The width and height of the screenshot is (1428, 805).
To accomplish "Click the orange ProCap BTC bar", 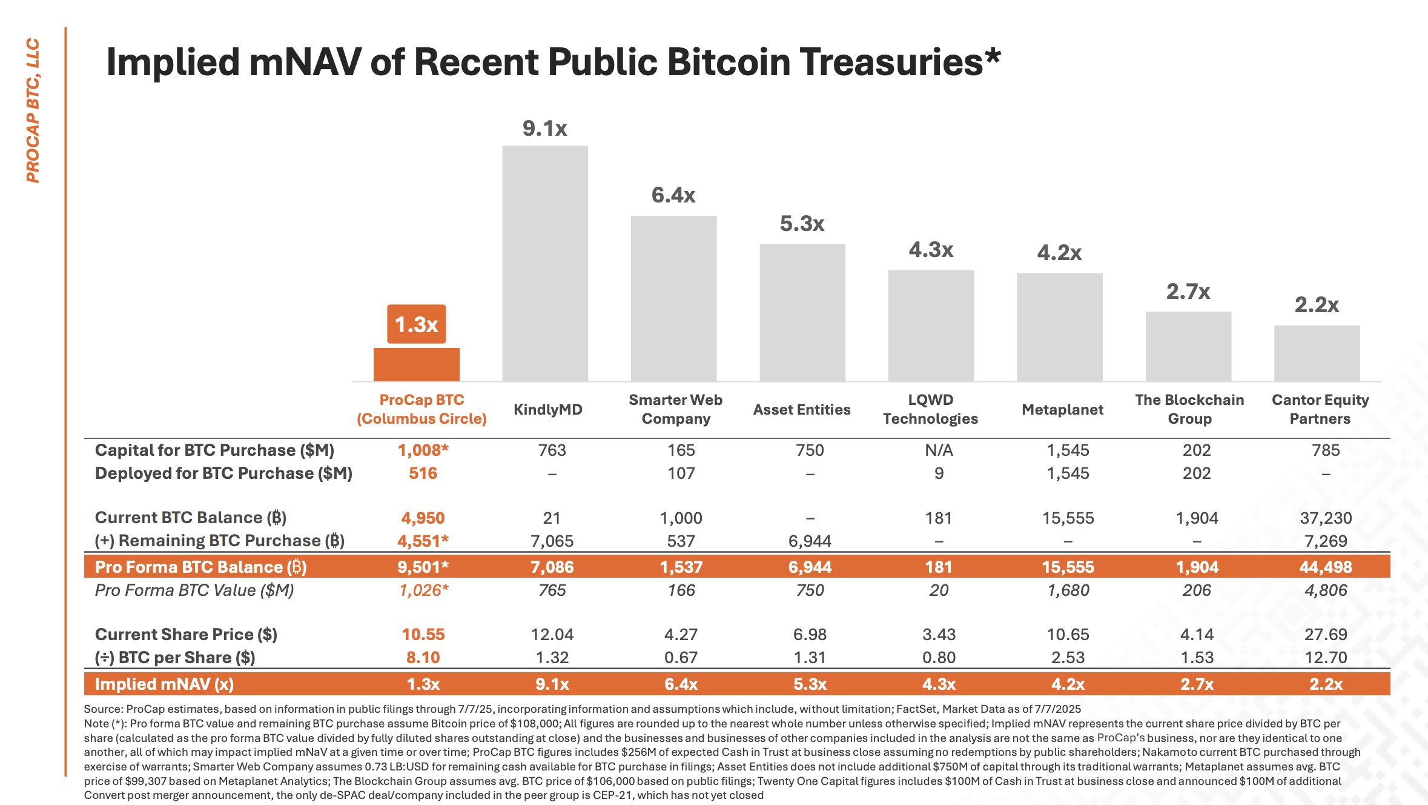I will tap(416, 364).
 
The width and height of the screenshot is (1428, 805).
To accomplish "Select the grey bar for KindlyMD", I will tap(545, 264).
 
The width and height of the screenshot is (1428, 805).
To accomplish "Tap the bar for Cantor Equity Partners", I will tap(1317, 353).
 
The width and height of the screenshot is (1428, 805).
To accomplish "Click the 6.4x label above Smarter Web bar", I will tap(673, 195).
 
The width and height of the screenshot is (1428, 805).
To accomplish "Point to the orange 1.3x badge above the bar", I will tap(416, 324).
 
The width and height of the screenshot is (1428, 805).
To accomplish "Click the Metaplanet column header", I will tap(1062, 410).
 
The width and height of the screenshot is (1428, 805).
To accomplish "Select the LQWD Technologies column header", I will tap(930, 409).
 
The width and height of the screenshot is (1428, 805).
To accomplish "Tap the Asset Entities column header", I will tap(802, 410).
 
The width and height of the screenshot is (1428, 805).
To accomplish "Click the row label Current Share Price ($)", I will tap(186, 635).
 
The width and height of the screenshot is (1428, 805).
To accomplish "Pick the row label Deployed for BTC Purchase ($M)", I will tap(223, 473).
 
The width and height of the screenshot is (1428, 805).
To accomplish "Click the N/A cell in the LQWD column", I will tap(939, 450).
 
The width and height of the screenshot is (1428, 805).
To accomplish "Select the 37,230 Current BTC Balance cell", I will tap(1326, 518).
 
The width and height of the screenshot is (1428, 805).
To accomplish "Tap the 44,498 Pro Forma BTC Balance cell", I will tap(1326, 567).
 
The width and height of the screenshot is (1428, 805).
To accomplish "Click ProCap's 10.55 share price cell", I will tap(423, 635).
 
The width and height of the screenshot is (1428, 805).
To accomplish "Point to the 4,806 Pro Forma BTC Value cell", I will tap(1326, 590).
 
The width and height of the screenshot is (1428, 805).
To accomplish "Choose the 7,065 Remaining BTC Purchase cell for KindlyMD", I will tap(552, 541).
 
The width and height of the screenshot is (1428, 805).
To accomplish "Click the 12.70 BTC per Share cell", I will tap(1326, 658).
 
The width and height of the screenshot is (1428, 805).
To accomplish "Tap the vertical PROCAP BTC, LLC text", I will tap(33, 110).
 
